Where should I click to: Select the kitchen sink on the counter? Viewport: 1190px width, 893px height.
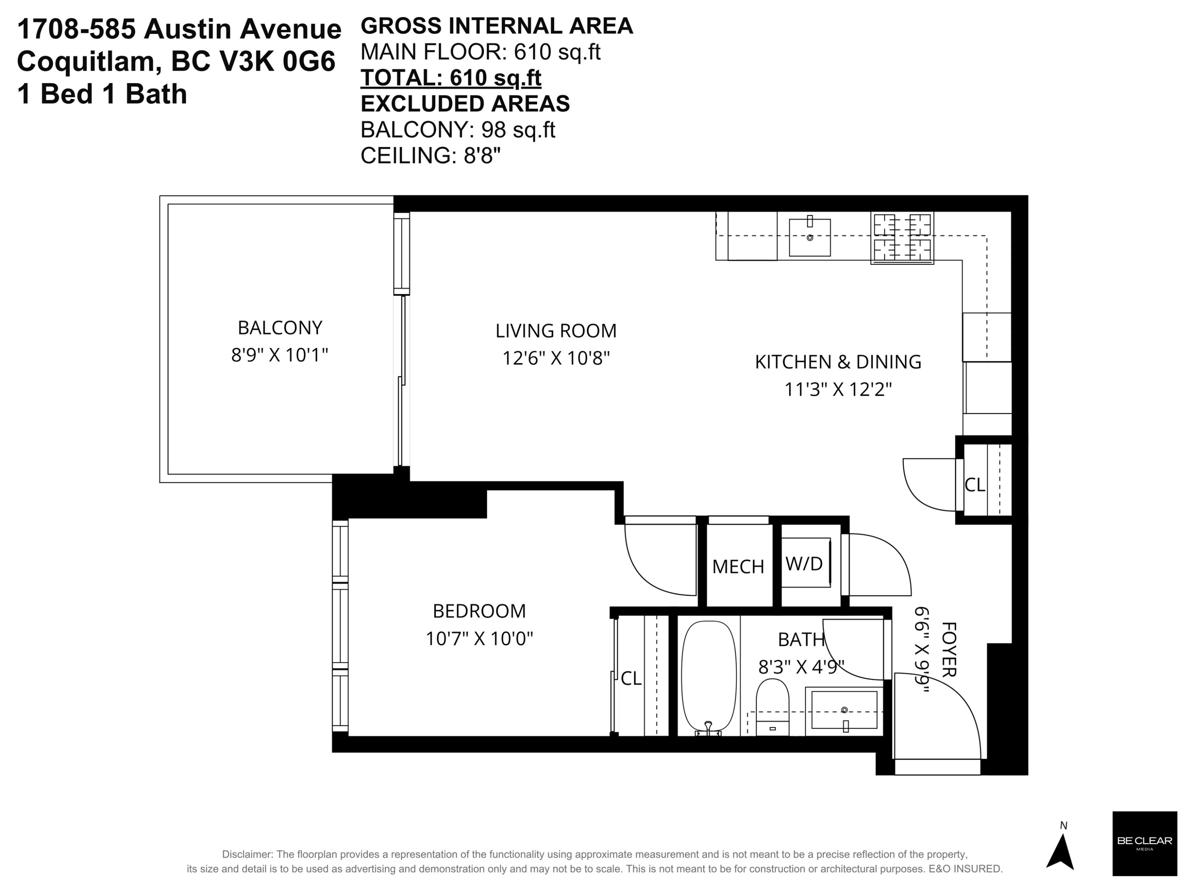[x=810, y=237]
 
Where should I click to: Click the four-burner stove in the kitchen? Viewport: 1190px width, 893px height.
[x=902, y=238]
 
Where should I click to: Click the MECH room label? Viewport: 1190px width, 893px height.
[x=738, y=567]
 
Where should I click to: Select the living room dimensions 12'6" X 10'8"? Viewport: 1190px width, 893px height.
[x=556, y=358]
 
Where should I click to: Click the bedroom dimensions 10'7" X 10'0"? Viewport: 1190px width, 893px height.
[x=479, y=639]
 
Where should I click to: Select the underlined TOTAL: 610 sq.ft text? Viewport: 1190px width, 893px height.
[x=451, y=78]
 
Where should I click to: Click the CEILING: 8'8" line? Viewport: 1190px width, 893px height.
[x=430, y=156]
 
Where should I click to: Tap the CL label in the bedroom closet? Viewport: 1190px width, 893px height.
[x=631, y=679]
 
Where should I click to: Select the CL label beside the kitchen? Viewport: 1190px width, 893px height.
[x=975, y=485]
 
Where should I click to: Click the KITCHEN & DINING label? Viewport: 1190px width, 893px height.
[x=838, y=362]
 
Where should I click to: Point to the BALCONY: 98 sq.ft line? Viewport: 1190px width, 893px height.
[x=458, y=130]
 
